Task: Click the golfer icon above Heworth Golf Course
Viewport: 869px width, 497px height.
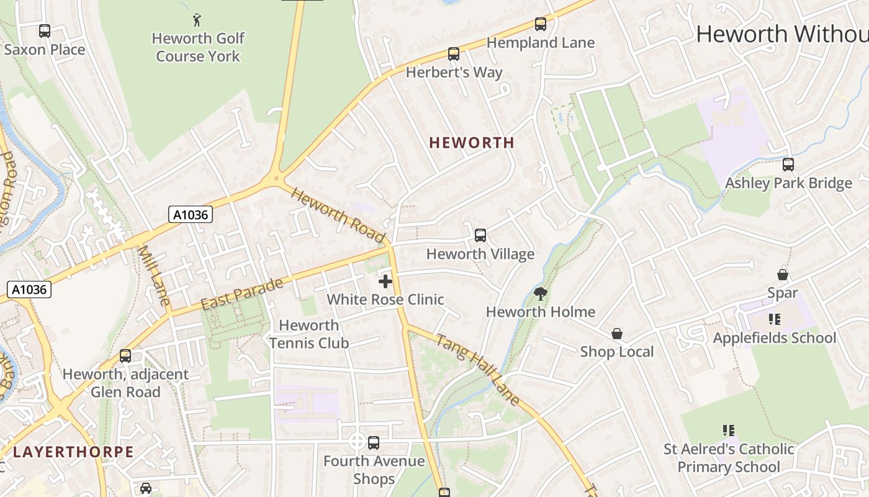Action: [197, 20]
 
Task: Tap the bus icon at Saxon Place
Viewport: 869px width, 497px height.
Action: [45, 30]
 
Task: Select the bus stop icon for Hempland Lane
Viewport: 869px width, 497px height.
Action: [541, 24]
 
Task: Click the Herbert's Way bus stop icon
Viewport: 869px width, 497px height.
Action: [454, 54]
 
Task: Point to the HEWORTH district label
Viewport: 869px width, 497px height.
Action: [472, 143]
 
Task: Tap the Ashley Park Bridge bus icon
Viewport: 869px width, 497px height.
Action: [788, 165]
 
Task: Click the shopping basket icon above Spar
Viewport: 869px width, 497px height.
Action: [783, 274]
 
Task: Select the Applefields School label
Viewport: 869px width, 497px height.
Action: [775, 338]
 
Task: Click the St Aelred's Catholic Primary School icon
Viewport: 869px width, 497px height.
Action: [729, 430]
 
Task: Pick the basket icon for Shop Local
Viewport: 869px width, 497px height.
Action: [617, 334]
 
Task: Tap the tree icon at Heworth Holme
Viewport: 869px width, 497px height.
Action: [541, 294]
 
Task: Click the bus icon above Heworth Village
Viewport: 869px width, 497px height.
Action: [480, 235]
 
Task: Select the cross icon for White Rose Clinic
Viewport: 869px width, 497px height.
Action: [385, 281]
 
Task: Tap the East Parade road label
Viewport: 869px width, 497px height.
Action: [242, 294]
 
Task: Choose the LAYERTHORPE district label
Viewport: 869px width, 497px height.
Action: [73, 452]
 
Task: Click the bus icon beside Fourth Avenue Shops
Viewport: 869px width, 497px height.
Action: [374, 443]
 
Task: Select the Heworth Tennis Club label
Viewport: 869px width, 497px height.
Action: [308, 334]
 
